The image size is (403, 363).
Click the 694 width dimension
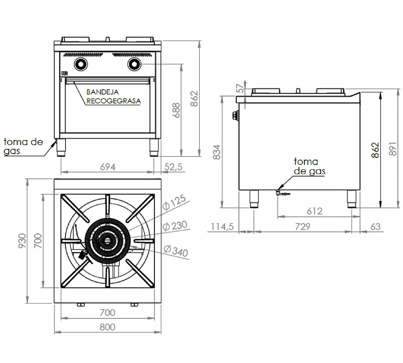[108, 167]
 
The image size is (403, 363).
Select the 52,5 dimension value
[174, 167]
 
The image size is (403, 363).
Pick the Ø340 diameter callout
[176, 250]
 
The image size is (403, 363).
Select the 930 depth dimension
[22, 241]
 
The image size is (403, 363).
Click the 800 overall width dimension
[107, 327]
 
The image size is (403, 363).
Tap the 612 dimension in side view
[314, 211]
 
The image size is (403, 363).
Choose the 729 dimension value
[302, 227]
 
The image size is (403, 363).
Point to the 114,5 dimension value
[222, 227]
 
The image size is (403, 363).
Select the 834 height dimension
[217, 152]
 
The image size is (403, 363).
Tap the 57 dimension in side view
[240, 88]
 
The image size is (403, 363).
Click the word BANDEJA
[102, 92]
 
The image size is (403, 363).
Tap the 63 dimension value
[375, 227]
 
